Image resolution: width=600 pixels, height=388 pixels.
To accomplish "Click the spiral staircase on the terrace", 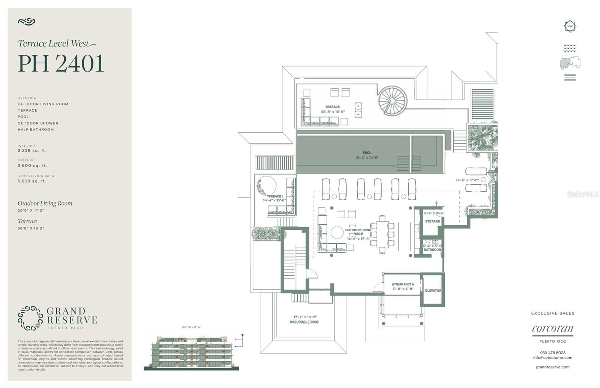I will click(x=392, y=101).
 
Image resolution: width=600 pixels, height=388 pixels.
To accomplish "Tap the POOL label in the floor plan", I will click(x=367, y=153).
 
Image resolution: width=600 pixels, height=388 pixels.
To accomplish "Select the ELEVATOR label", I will click(x=433, y=291).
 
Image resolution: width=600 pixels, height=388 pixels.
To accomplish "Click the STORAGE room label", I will click(x=432, y=221).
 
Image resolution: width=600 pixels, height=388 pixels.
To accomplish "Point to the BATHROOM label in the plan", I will click(x=432, y=250).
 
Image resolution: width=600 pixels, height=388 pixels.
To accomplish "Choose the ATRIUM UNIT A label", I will click(x=403, y=284).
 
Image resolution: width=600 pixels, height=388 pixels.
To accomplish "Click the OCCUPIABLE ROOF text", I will click(x=304, y=322).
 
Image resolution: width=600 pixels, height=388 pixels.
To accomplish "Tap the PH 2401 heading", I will click(x=61, y=63).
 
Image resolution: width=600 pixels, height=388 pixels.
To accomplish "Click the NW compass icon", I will click(x=570, y=26).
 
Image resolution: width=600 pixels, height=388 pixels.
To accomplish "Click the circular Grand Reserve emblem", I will click(x=30, y=318).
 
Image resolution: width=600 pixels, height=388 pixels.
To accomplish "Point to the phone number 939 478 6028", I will click(x=553, y=353).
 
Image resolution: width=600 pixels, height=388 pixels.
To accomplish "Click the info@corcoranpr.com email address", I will click(x=553, y=358).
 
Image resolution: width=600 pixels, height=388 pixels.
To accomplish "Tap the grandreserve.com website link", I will click(x=553, y=367).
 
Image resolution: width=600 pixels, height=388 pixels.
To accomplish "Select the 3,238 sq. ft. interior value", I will click(x=32, y=151).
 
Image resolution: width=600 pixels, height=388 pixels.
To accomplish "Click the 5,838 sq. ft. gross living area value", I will click(x=32, y=181).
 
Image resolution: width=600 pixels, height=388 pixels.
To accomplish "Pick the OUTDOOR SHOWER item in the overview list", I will click(x=38, y=123).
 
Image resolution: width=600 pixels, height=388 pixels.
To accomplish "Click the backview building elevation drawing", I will click(x=191, y=352).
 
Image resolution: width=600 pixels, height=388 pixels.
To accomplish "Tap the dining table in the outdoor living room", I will click(x=382, y=234).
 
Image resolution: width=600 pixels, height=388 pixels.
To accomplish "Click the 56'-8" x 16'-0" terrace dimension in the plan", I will click(x=333, y=112).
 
